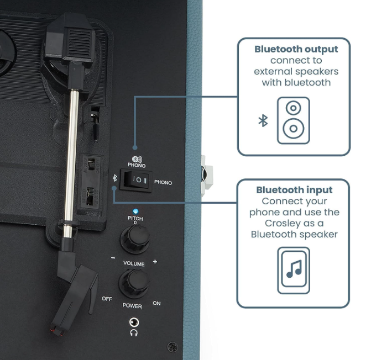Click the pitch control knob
135,239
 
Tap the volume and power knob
134,283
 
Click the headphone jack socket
134,322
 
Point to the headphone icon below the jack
134,333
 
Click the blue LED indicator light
135,211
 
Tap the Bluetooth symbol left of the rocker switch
114,178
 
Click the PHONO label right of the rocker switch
163,182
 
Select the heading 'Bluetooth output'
296,49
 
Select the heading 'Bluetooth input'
294,190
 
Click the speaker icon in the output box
294,120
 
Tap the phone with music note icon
294,271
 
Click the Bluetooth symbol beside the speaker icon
263,121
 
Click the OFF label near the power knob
107,299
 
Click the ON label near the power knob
156,303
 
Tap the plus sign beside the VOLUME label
155,262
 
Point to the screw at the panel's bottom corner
172,347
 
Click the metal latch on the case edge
206,176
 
